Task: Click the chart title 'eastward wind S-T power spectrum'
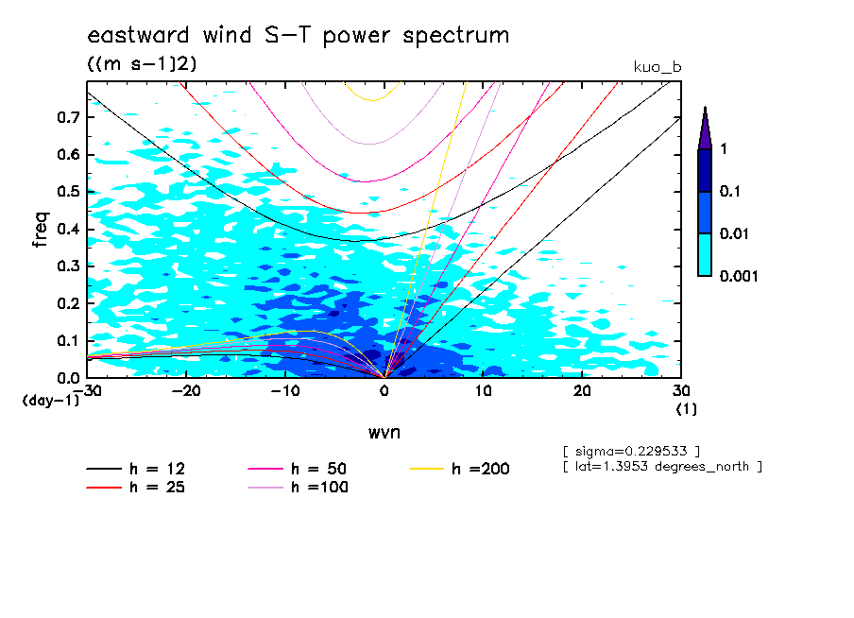pyautogui.click(x=298, y=36)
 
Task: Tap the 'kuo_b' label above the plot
pyautogui.click(x=657, y=67)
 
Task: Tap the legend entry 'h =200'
pyautogui.click(x=480, y=469)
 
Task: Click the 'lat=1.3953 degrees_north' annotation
pyautogui.click(x=661, y=466)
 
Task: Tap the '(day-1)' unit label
pyautogui.click(x=50, y=401)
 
